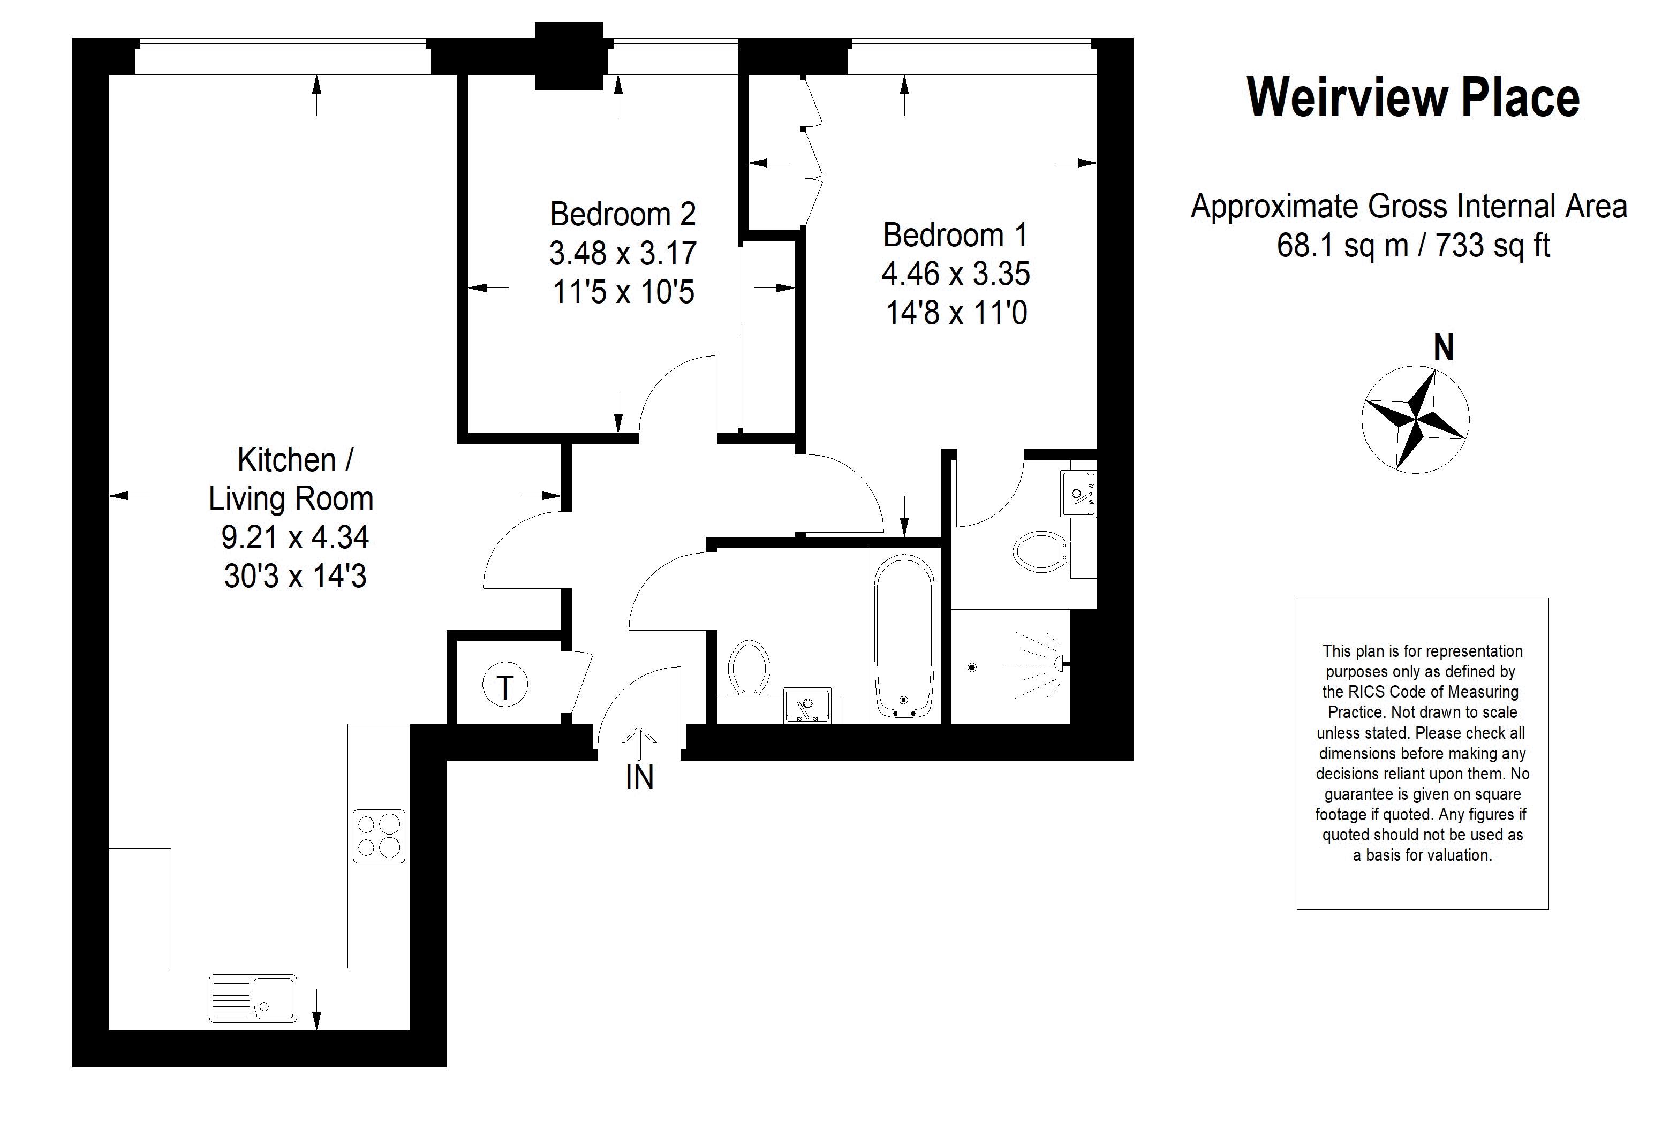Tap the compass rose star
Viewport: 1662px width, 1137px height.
click(1415, 420)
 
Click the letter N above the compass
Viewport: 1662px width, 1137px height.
click(1444, 348)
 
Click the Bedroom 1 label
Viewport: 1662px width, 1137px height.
click(955, 234)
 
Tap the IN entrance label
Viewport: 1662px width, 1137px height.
click(639, 778)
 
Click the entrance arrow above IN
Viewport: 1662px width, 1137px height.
click(639, 744)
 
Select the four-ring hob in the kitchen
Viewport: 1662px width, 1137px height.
click(379, 836)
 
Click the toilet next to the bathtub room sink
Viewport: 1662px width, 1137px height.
click(748, 667)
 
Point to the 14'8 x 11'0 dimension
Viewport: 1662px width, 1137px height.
click(956, 313)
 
